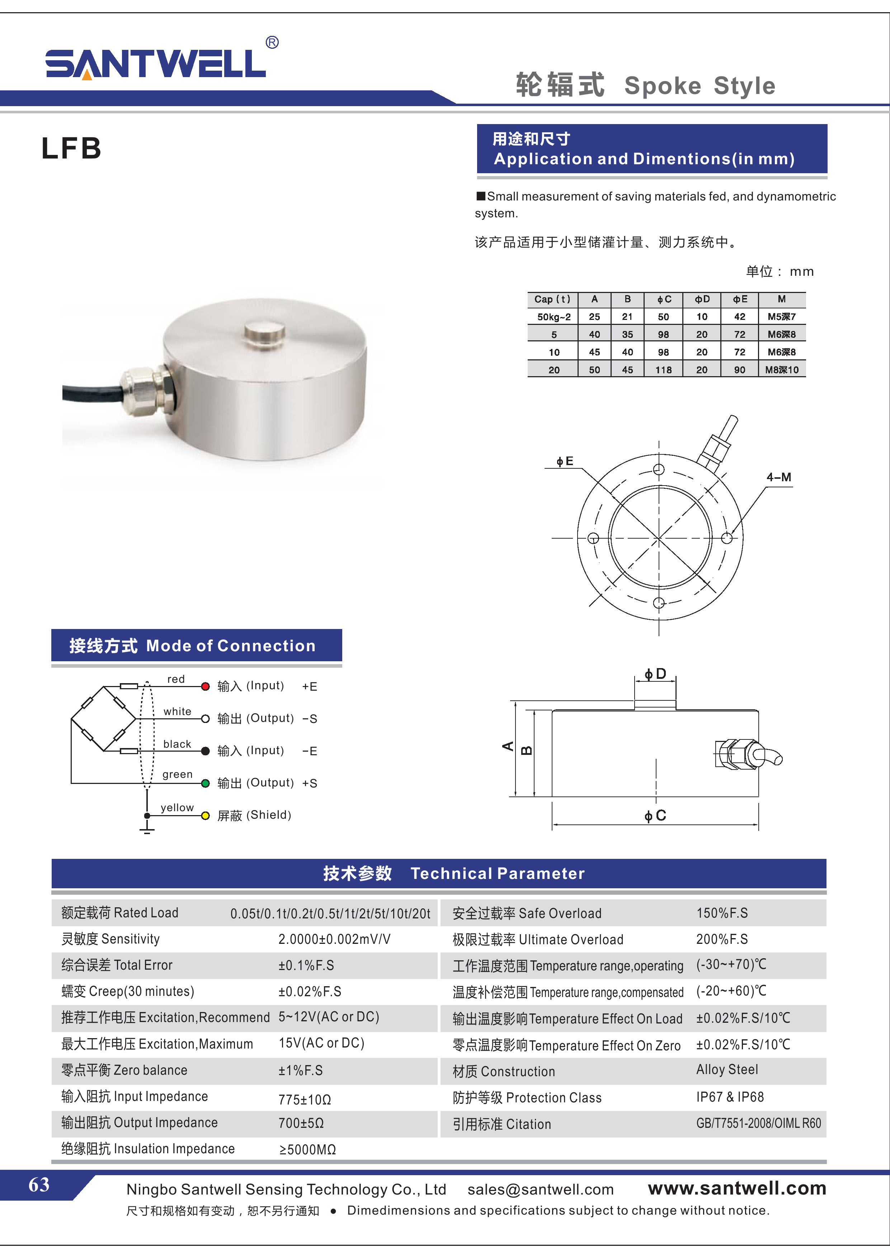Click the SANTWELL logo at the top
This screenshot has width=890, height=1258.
tap(156, 63)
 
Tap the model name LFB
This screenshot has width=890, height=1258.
tap(71, 148)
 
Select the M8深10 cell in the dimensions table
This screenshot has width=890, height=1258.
tap(782, 370)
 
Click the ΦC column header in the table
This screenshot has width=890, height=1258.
tap(664, 299)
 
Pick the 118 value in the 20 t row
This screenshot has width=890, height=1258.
tap(663, 370)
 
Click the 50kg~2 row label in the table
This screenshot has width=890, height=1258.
tap(554, 317)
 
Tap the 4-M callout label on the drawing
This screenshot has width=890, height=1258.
tap(779, 477)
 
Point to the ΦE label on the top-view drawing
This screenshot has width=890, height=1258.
tap(565, 461)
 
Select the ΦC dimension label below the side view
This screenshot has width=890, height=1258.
tap(655, 816)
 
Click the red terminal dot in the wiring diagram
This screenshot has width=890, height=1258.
tap(206, 686)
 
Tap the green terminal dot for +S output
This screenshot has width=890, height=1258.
tap(206, 784)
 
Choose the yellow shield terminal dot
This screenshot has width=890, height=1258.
tap(206, 816)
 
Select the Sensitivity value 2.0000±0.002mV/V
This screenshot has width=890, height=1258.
tap(334, 939)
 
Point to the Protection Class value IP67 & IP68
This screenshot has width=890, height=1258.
tap(730, 1097)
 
